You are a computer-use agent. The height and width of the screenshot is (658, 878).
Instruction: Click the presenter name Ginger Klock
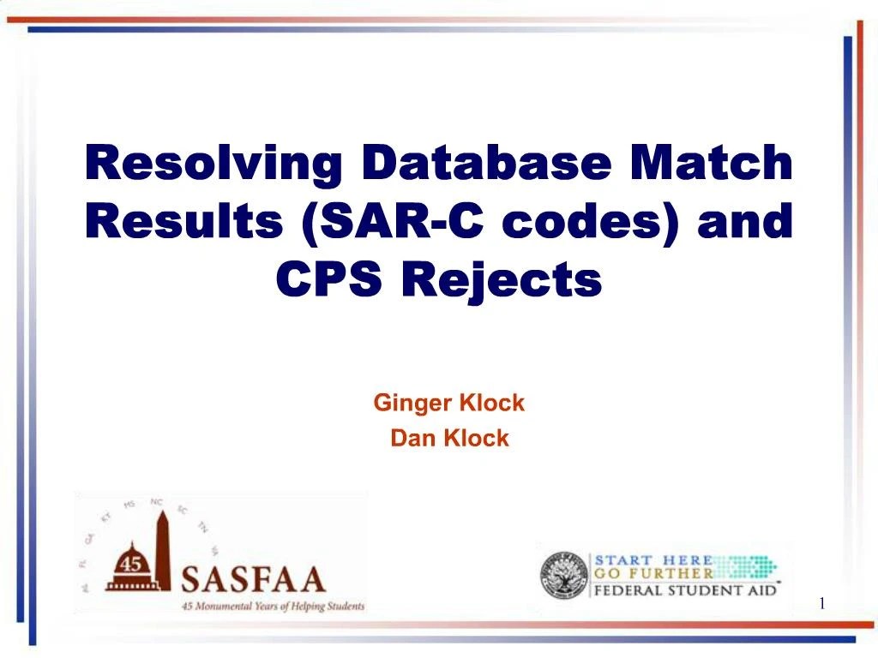[448, 403]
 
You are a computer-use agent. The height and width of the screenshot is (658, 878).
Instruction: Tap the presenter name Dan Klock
[449, 439]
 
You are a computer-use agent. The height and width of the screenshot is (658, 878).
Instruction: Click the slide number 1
[821, 605]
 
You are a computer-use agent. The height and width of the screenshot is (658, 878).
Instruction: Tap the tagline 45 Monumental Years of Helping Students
[272, 607]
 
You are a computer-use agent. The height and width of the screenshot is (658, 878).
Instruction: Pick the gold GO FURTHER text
[654, 574]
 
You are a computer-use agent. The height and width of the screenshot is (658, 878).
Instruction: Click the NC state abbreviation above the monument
[157, 501]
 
